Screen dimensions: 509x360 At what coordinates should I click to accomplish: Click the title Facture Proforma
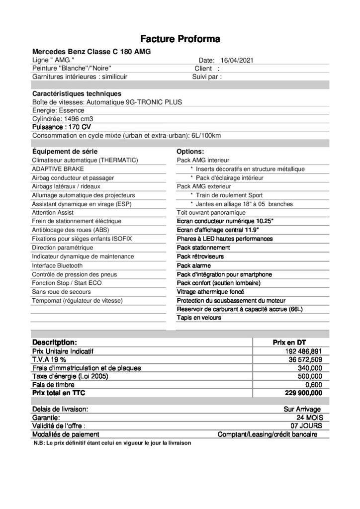click(x=180, y=38)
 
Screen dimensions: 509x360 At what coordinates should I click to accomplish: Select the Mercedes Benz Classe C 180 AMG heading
click(x=91, y=51)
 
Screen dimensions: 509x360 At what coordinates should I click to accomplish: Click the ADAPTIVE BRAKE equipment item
click(x=58, y=169)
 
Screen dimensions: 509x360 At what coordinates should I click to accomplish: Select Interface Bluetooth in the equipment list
click(x=58, y=265)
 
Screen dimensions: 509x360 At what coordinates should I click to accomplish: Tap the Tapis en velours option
click(x=199, y=318)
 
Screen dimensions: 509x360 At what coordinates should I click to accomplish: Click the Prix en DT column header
click(x=289, y=343)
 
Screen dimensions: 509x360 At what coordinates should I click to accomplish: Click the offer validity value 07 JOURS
click(x=306, y=426)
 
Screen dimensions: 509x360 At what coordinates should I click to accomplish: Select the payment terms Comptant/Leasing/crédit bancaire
click(x=268, y=434)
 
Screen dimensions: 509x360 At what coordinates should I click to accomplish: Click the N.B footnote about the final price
click(x=112, y=443)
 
